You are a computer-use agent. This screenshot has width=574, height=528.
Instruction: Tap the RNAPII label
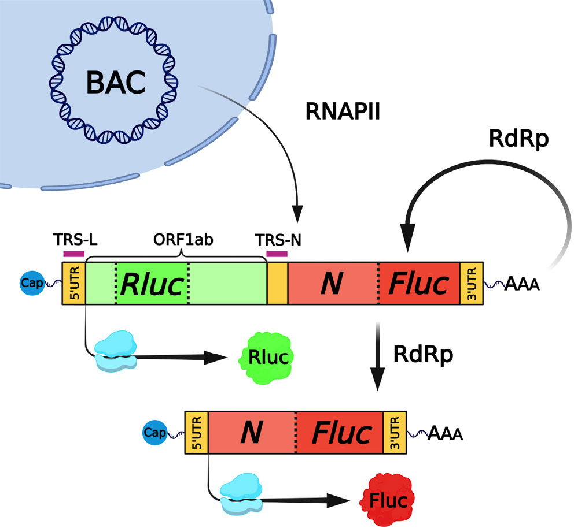click(x=343, y=111)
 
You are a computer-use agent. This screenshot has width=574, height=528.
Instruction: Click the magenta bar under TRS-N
click(x=277, y=253)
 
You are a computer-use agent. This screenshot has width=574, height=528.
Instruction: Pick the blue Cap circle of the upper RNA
click(x=32, y=284)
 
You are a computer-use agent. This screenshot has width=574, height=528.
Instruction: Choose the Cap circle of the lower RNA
click(x=155, y=432)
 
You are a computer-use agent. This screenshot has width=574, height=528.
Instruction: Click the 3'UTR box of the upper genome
click(x=468, y=284)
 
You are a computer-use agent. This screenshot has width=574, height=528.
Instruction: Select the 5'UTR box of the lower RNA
click(x=197, y=432)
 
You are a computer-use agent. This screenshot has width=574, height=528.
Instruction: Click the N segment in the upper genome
click(x=332, y=284)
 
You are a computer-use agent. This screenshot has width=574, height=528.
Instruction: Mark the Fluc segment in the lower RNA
click(x=341, y=432)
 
